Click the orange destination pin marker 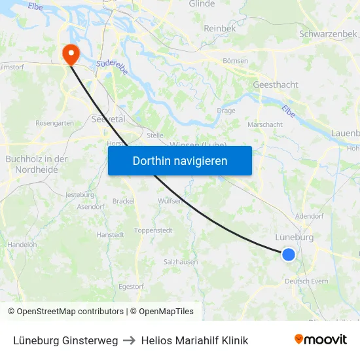tap(68, 53)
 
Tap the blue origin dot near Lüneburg tap(289, 255)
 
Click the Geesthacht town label tap(276, 85)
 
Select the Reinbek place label tap(219, 28)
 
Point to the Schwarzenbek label tap(327, 33)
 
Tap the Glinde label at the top tap(202, 4)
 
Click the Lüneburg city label tap(294, 238)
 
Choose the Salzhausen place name tap(181, 262)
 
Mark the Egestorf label tap(131, 286)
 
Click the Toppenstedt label tap(153, 231)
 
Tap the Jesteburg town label tap(81, 195)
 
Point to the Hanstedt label tap(110, 234)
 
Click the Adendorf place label tap(310, 215)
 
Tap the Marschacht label tap(265, 124)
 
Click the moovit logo tap(321, 340)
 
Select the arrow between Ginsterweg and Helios tap(129, 340)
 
